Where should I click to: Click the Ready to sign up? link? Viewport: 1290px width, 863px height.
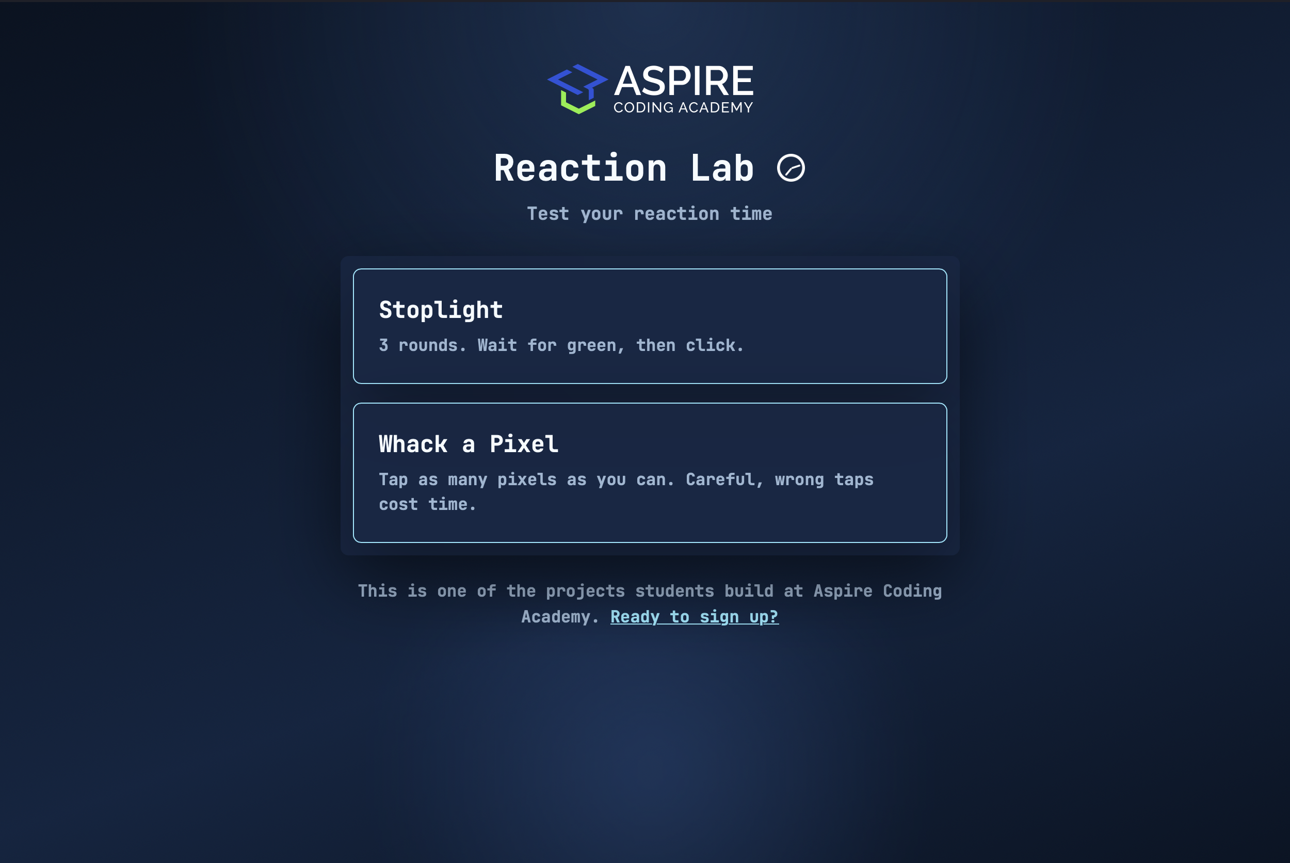click(694, 617)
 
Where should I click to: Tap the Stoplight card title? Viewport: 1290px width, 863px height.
click(441, 310)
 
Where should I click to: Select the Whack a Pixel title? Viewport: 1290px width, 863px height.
click(468, 444)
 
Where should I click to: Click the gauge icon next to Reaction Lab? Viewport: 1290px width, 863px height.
click(791, 168)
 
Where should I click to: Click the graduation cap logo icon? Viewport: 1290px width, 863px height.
click(577, 89)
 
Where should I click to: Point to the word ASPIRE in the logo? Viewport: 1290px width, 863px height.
click(683, 82)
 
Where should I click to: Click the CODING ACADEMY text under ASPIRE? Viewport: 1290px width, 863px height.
click(683, 108)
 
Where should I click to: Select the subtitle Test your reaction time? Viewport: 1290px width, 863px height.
click(649, 214)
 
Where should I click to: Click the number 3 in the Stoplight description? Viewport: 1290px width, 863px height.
click(383, 345)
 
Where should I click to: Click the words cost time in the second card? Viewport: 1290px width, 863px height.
click(426, 504)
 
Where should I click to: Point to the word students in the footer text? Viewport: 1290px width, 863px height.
click(674, 591)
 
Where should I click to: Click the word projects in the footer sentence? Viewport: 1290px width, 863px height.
click(585, 591)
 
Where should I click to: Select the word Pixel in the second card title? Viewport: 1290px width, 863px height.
click(524, 444)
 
